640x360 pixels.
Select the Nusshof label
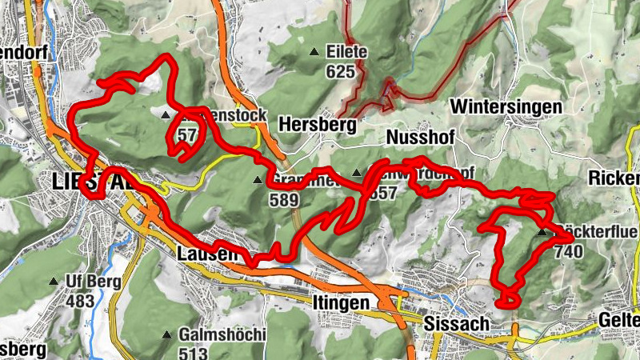[x=420, y=138]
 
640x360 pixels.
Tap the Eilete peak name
[x=346, y=53]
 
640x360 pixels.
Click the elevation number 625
[x=340, y=71]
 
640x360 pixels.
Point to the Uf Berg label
[x=93, y=281]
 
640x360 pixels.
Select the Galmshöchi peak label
[x=222, y=334]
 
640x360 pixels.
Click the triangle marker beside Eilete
[x=314, y=53]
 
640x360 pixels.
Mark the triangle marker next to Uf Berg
[x=54, y=281]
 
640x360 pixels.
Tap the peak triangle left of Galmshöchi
[x=167, y=334]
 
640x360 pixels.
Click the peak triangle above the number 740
[x=542, y=233]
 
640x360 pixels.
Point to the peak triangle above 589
[x=257, y=180]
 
